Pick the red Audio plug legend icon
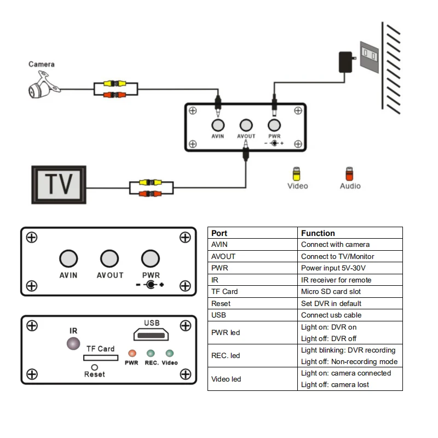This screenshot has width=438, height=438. pos(349,174)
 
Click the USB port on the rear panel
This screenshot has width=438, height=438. pos(152,335)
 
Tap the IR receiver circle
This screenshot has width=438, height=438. pos(73,344)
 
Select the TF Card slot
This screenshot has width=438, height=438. pos(100,358)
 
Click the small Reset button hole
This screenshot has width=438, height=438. pos(94,367)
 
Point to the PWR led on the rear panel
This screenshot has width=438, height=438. pos(131,354)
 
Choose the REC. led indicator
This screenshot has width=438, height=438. pos(151,354)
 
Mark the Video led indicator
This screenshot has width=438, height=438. pos(170,354)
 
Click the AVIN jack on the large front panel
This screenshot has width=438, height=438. pos(68,258)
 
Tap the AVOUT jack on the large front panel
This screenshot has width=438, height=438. pos(109,258)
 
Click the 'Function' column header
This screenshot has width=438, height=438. pos(318,233)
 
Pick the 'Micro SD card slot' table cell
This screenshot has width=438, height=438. pos(331,292)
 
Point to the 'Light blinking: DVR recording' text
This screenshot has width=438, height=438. pos(348,350)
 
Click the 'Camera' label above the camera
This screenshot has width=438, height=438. pos(42,65)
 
